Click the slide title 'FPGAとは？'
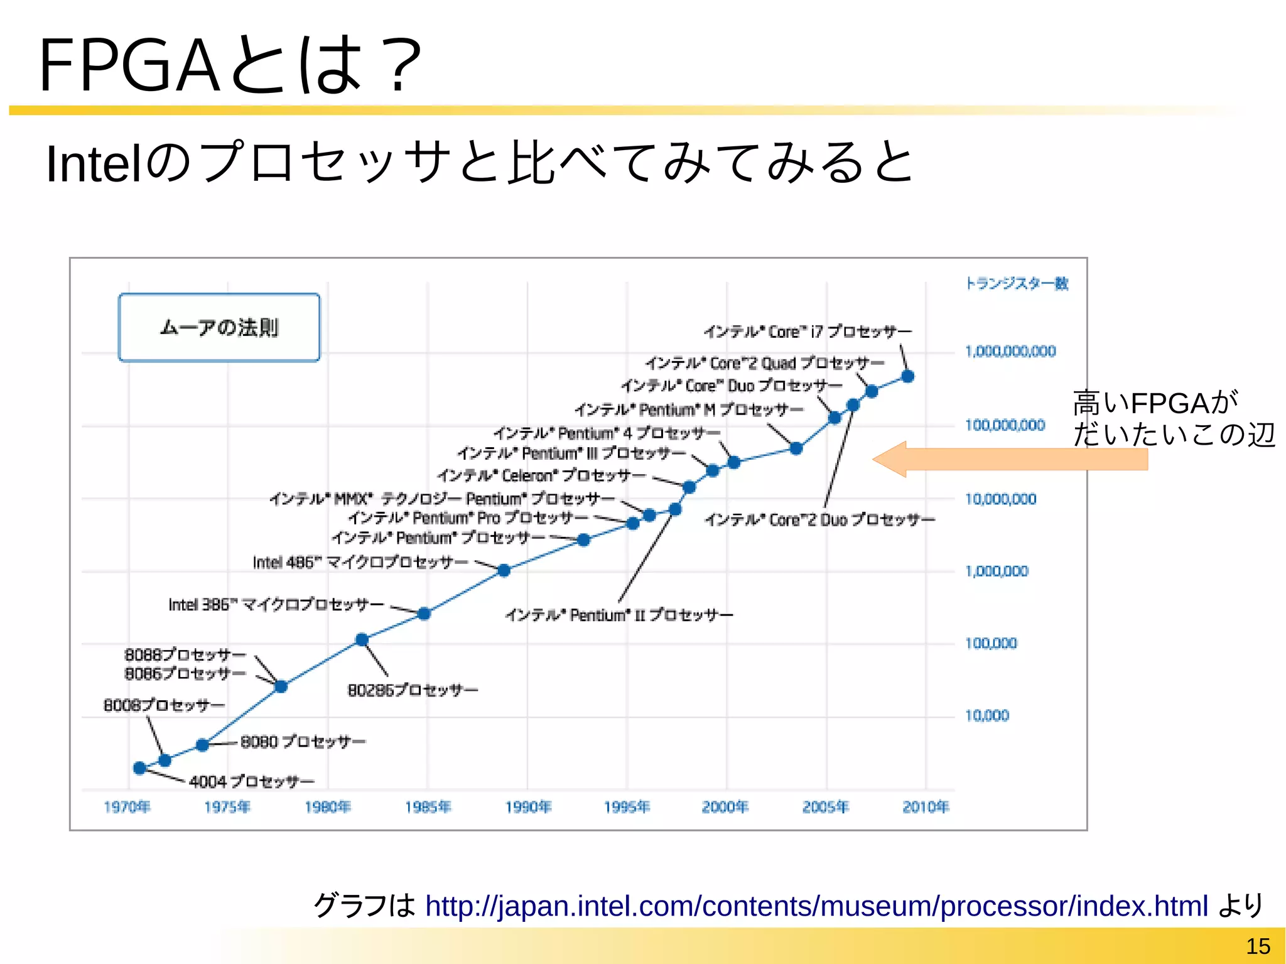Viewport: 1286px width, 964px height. coord(230,65)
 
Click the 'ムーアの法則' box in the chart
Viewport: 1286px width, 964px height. coord(219,328)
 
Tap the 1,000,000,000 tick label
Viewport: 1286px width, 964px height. coord(1010,352)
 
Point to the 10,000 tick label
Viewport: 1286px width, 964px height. coord(986,716)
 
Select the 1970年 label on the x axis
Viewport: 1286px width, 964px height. coord(127,807)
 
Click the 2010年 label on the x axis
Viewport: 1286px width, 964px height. coord(926,807)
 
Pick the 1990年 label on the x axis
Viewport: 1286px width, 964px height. coord(528,807)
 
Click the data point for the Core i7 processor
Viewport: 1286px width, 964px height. coord(907,376)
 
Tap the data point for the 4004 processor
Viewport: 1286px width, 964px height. coord(140,767)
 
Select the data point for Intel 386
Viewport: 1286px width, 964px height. coord(424,614)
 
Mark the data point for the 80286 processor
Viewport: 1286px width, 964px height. coord(362,639)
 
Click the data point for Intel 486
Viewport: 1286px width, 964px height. coord(504,570)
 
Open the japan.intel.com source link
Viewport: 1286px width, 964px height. coord(816,906)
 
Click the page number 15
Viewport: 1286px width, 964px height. coord(1258,946)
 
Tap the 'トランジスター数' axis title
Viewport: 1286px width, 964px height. coord(1017,284)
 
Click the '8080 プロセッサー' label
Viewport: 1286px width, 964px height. coord(303,742)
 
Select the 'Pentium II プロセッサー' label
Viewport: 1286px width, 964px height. coord(619,615)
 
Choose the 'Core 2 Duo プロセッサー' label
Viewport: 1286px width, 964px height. coord(819,520)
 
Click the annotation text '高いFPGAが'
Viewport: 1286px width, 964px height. coord(1155,403)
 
